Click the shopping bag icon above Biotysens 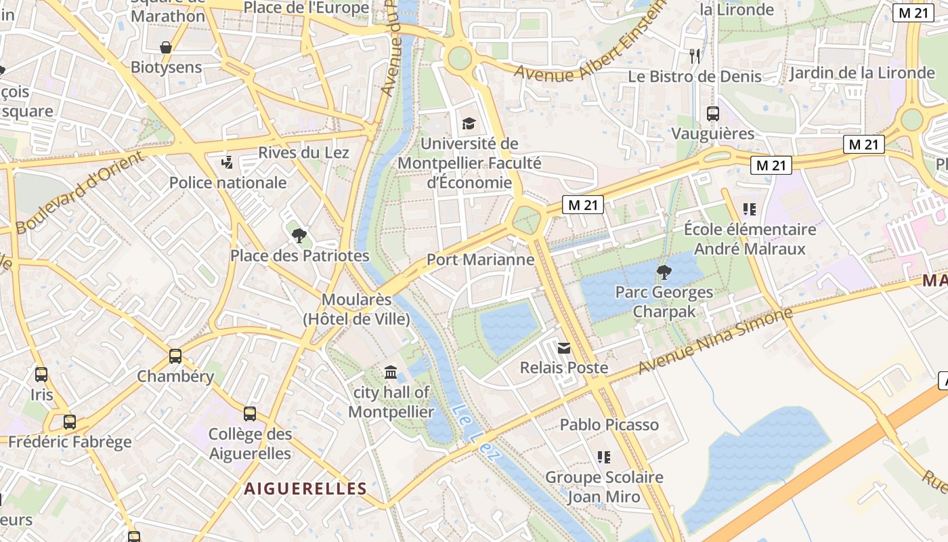pyautogui.click(x=166, y=47)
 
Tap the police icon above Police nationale pyautogui.click(x=228, y=163)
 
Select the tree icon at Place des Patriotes pyautogui.click(x=299, y=236)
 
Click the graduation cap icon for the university pyautogui.click(x=469, y=123)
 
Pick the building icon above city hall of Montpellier pyautogui.click(x=391, y=372)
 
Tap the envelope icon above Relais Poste pyautogui.click(x=563, y=348)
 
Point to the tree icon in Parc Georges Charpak pyautogui.click(x=664, y=272)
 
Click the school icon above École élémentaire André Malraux pyautogui.click(x=749, y=209)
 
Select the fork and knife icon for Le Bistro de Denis pyautogui.click(x=695, y=56)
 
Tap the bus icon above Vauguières pyautogui.click(x=712, y=114)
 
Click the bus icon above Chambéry pyautogui.click(x=175, y=356)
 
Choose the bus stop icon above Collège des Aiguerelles pyautogui.click(x=250, y=414)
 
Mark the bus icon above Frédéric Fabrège pyautogui.click(x=70, y=422)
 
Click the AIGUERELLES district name pyautogui.click(x=305, y=488)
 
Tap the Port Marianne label pyautogui.click(x=480, y=260)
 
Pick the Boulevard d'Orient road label pyautogui.click(x=80, y=192)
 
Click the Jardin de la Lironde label pyautogui.click(x=861, y=73)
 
